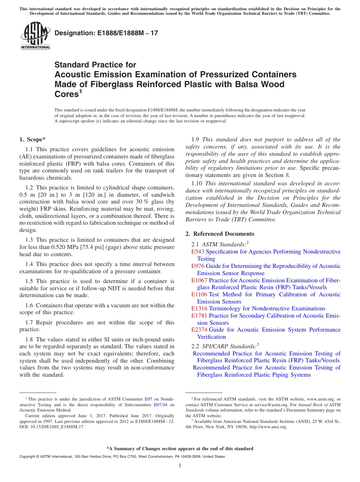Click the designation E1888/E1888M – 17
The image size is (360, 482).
[x=106, y=33]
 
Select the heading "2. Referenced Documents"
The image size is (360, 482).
[x=220, y=234]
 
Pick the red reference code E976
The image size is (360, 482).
[x=198, y=266]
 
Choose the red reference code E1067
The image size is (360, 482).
[x=199, y=280]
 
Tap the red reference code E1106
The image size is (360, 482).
[x=199, y=294]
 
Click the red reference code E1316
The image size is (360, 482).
[x=199, y=308]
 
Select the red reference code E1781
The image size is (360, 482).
[x=199, y=316]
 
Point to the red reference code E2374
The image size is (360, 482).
[x=199, y=330]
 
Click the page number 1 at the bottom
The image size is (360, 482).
[x=180, y=466]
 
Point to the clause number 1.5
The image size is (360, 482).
[x=30, y=281]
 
